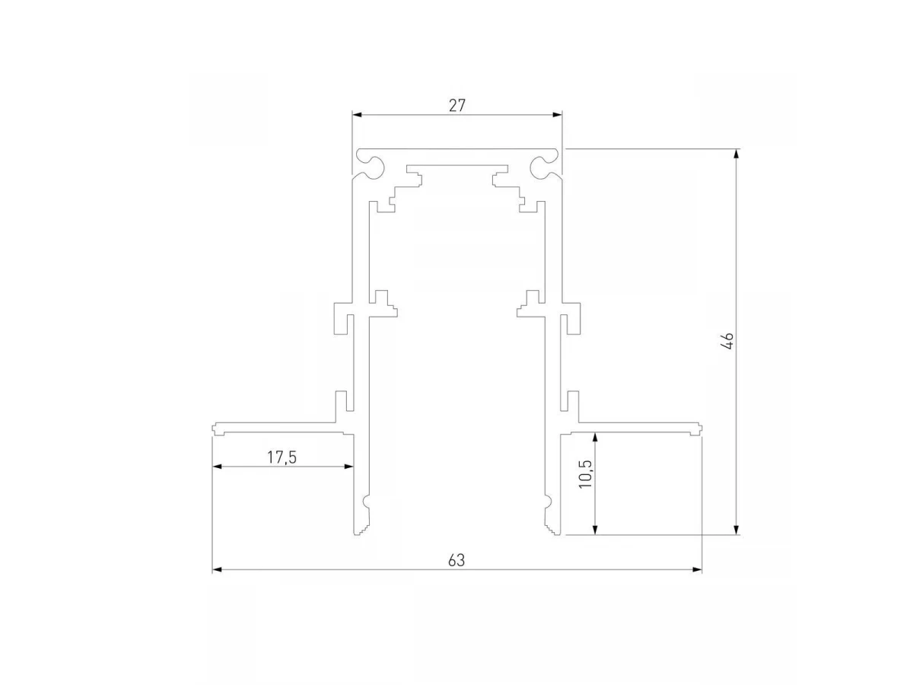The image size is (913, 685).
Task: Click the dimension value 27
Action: coord(456,106)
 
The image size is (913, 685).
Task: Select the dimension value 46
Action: coord(728,341)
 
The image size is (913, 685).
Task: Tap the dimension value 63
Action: coord(456,561)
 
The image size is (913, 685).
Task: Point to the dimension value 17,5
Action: coord(282,457)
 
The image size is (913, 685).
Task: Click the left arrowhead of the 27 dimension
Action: coord(357,115)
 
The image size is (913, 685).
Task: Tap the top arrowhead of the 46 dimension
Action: coord(736,154)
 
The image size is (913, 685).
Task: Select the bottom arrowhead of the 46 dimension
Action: coord(736,530)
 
